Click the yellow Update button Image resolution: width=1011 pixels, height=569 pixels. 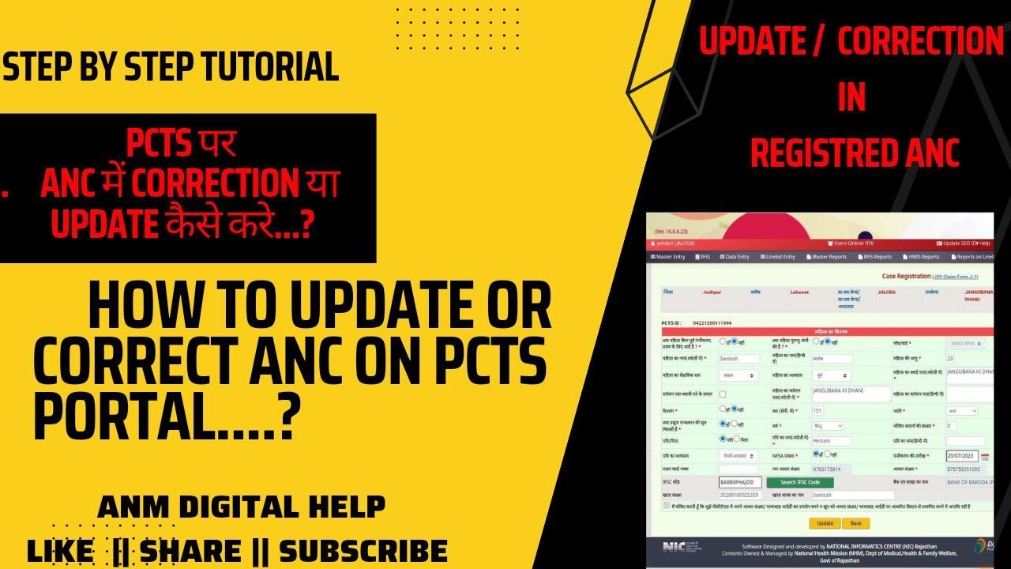tap(825, 523)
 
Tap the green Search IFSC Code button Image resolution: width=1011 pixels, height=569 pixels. tap(800, 482)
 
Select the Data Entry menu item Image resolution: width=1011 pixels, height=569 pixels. tap(734, 257)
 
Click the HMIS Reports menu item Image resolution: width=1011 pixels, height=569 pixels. tap(922, 257)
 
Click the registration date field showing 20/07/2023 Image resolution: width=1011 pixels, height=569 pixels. tap(962, 456)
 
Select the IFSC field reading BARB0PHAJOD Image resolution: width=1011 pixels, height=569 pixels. tap(740, 482)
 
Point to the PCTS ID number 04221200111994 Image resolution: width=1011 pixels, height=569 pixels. tap(712, 323)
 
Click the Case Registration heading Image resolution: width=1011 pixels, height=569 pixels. tap(906, 277)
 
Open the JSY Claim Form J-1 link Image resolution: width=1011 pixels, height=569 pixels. tap(956, 277)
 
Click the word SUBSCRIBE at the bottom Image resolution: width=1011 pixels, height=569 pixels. tap(363, 550)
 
